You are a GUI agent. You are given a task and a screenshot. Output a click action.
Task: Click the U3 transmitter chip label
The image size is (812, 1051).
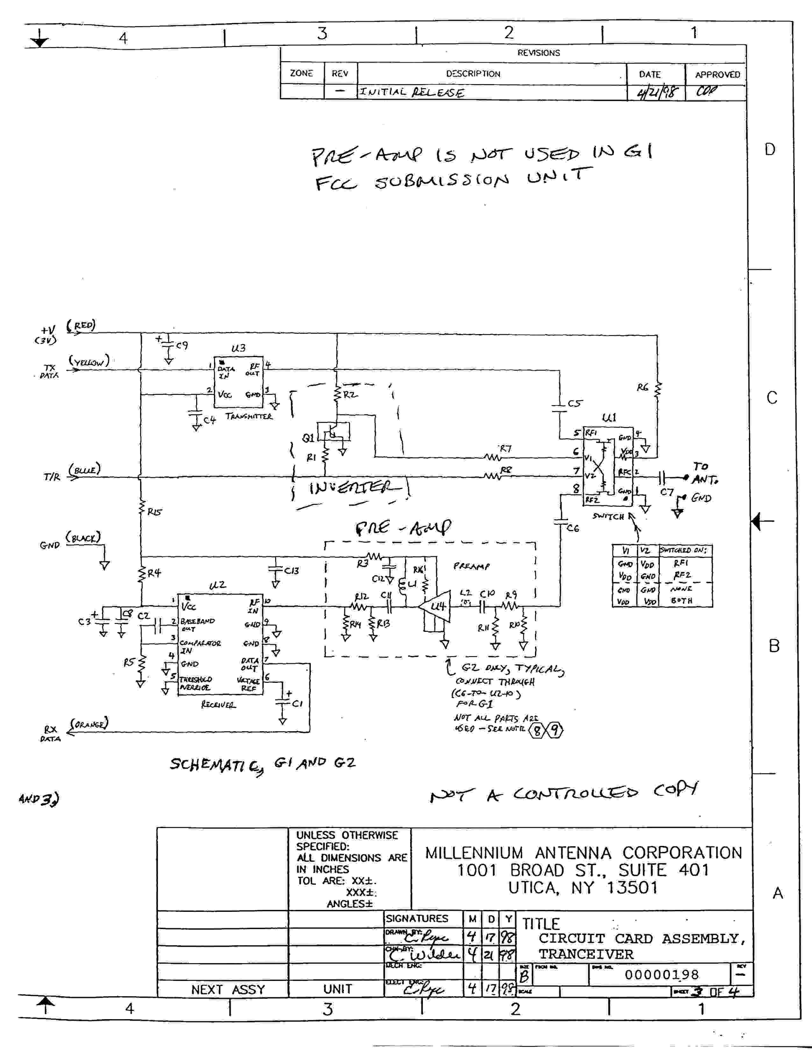(x=238, y=348)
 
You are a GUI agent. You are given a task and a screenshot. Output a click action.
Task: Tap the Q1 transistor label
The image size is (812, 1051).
(x=308, y=438)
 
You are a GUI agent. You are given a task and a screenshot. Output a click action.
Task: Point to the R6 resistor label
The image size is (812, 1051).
(x=642, y=387)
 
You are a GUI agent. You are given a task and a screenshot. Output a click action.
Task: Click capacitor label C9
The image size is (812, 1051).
(x=182, y=346)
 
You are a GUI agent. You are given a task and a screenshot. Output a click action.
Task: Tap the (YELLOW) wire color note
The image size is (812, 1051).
(x=89, y=361)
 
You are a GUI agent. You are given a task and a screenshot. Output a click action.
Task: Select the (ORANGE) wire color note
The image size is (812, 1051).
(x=89, y=723)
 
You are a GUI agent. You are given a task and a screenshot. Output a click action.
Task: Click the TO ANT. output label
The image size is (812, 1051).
(x=704, y=473)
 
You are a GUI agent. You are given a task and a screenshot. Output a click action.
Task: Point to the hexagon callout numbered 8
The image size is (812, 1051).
(x=537, y=731)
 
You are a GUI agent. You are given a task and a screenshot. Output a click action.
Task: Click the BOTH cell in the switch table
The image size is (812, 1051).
(x=682, y=601)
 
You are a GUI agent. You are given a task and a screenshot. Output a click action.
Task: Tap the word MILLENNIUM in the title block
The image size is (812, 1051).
(x=474, y=853)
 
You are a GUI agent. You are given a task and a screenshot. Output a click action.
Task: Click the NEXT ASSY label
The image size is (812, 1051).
(x=228, y=990)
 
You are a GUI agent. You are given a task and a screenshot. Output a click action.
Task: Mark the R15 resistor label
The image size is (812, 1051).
(x=154, y=512)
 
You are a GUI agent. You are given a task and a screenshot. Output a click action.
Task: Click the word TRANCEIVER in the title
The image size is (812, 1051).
(x=586, y=954)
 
